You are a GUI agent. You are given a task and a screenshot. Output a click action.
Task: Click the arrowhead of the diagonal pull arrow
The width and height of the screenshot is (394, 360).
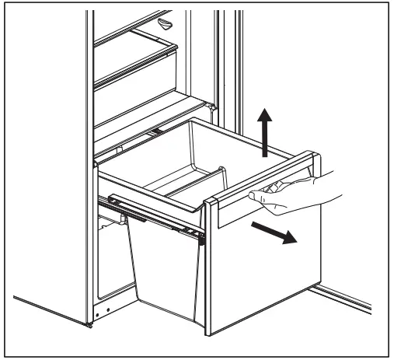coord(289,239)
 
